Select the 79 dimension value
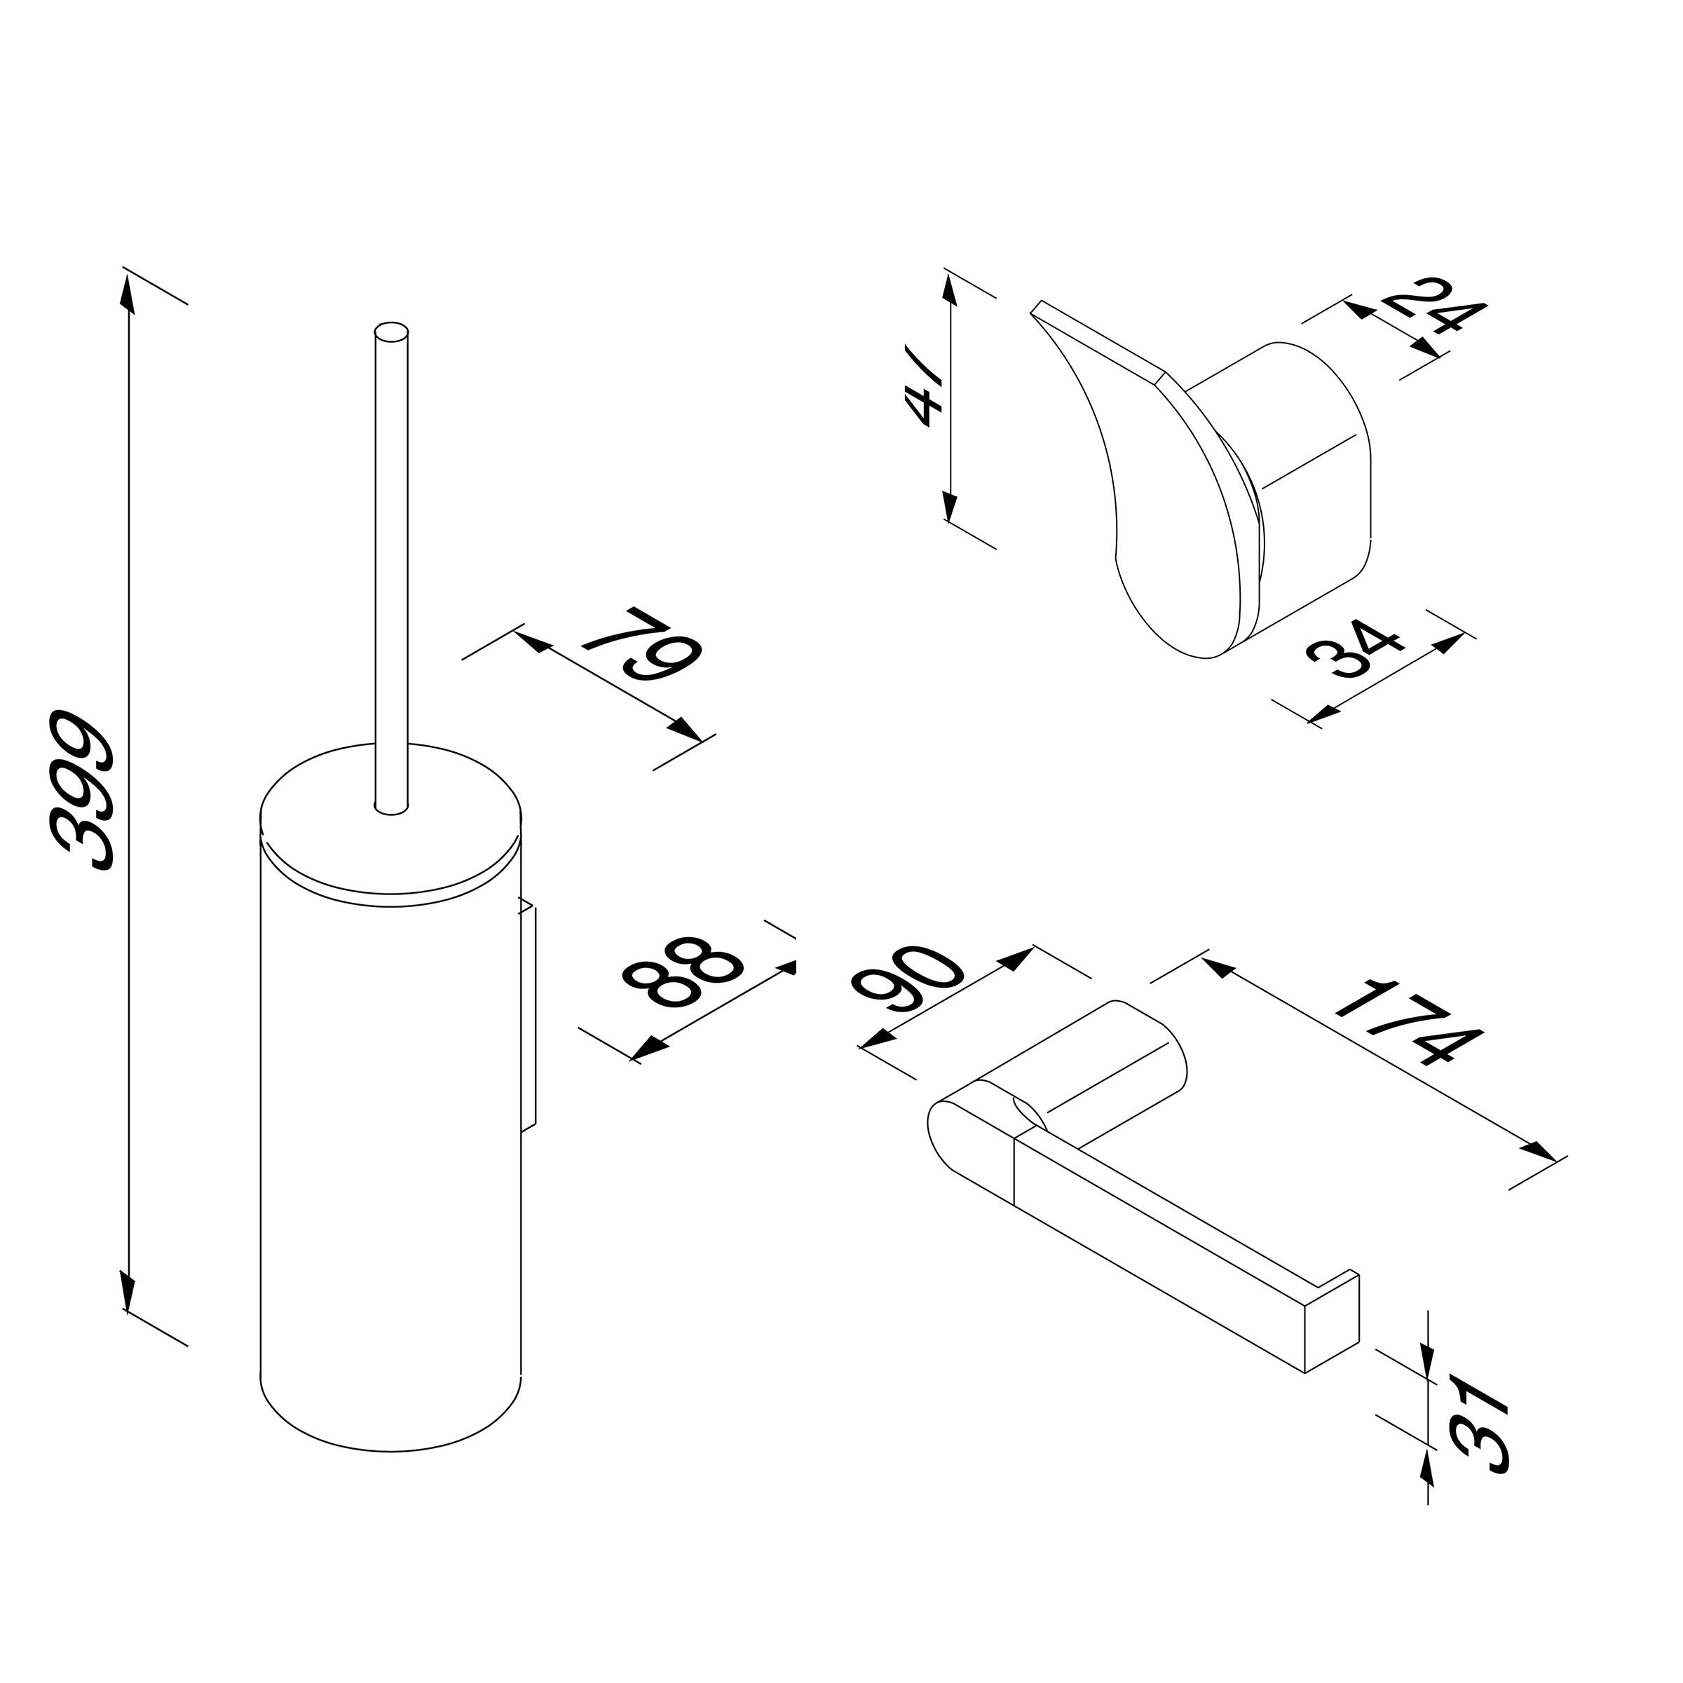tap(642, 646)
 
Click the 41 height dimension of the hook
tap(923, 396)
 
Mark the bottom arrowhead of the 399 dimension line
tap(128, 1292)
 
